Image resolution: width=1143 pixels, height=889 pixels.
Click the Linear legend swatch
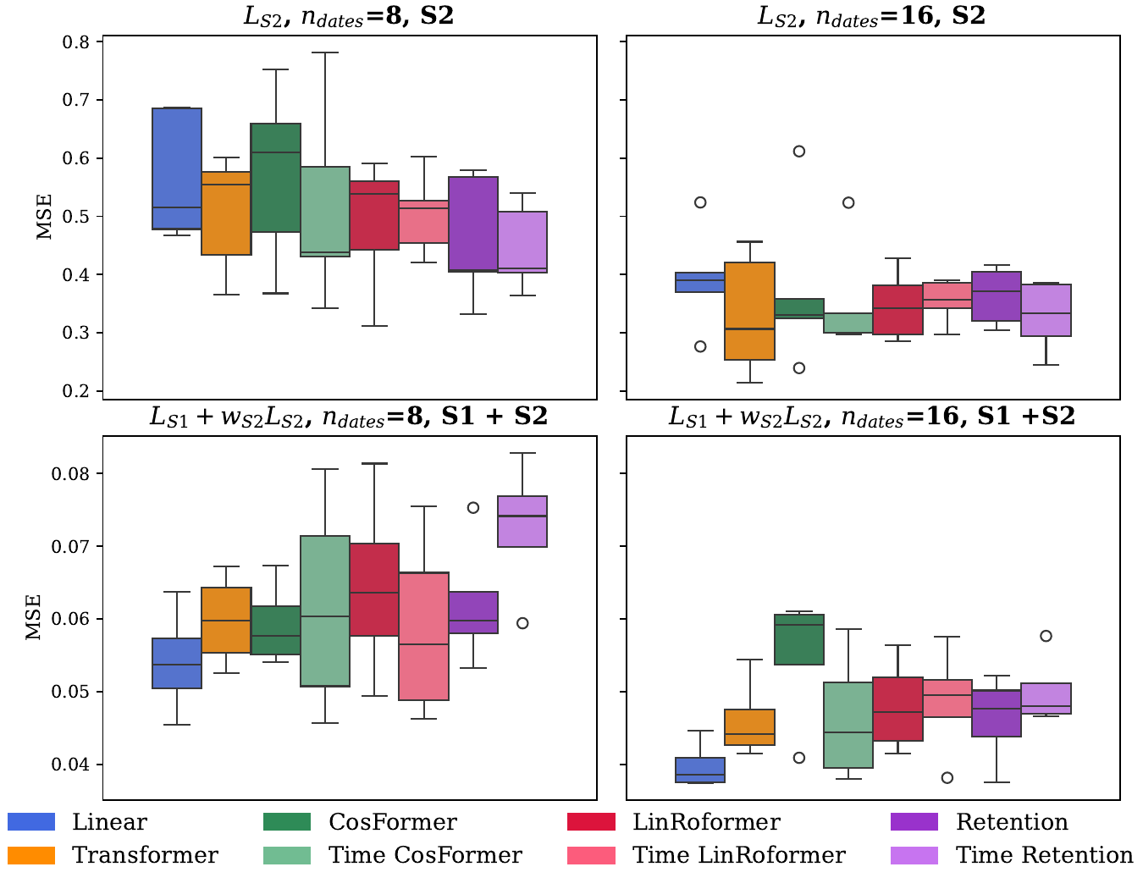coord(31,822)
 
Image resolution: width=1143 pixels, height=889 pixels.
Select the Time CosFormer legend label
coord(425,855)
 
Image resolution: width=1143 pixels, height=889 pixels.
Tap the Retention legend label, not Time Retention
coord(1012,822)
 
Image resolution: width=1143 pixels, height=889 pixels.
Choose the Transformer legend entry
coord(145,855)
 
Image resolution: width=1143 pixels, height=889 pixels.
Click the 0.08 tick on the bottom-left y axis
coord(74,473)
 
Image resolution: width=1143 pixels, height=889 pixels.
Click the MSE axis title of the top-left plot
coord(45,217)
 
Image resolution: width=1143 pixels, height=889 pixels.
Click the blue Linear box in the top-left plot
coord(177,168)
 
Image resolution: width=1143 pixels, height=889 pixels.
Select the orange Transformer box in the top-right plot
coord(750,311)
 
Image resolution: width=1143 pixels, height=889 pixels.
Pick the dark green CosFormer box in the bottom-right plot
coord(799,639)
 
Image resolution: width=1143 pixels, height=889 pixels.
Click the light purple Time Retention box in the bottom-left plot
coord(522,522)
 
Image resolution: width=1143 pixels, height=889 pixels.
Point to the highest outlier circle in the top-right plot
coord(798,152)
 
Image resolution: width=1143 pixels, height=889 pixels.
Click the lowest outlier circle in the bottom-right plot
coord(947,778)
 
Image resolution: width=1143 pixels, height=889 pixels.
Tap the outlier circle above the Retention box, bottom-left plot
coord(473,508)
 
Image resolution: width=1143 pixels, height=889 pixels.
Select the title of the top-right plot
coord(871,16)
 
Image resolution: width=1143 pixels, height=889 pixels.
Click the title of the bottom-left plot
coord(349,416)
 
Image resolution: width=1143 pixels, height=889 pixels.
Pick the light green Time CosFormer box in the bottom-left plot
coord(326,610)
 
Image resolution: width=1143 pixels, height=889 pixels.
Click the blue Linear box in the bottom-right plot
coord(700,770)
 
